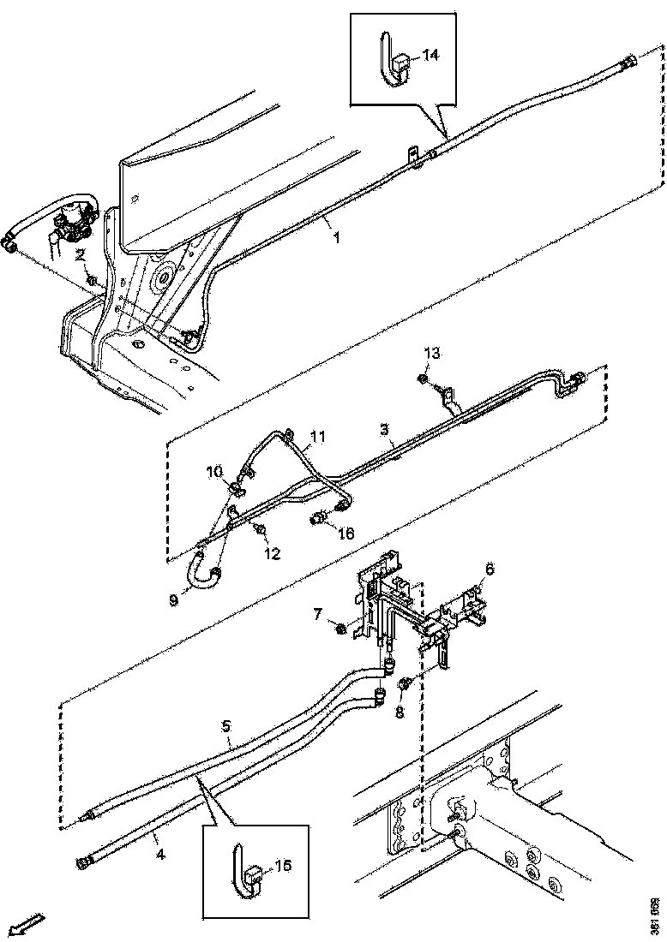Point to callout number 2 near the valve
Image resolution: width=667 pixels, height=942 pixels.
(79, 254)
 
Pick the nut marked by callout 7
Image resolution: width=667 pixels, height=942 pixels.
(340, 630)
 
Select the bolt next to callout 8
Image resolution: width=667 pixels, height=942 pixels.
(406, 683)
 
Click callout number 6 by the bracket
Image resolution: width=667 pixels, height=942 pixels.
(490, 568)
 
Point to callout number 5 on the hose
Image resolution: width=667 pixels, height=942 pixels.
(226, 726)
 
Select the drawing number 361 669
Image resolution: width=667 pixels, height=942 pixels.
(655, 915)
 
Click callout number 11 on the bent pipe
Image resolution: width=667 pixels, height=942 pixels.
(317, 437)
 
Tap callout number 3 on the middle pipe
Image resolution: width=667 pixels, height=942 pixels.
(386, 427)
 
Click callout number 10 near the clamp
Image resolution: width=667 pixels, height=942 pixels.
(213, 472)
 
